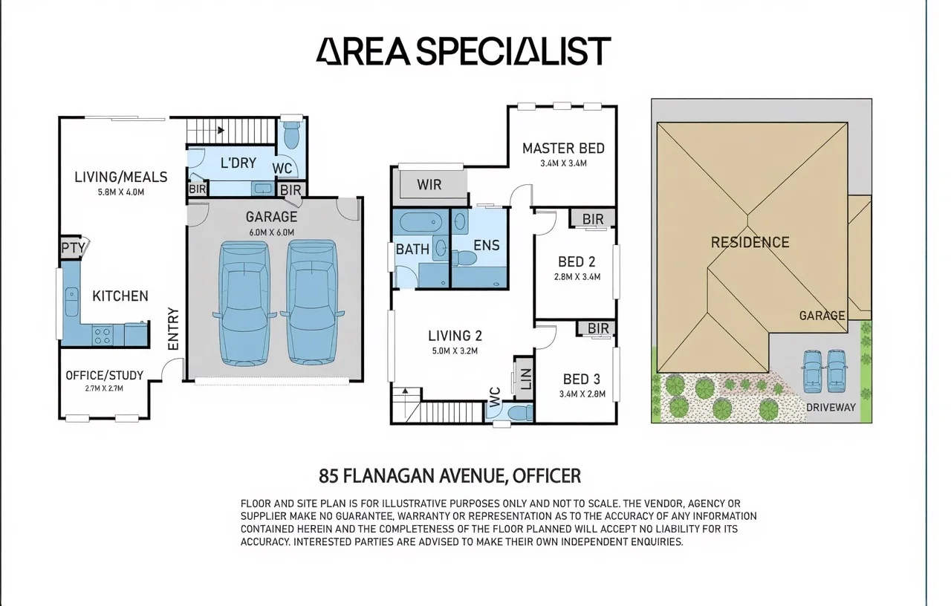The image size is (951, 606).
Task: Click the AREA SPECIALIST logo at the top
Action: tap(463, 51)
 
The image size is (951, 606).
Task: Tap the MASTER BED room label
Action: tap(563, 149)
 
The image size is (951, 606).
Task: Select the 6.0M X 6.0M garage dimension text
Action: tap(272, 232)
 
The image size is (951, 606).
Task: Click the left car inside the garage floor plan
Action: tap(244, 303)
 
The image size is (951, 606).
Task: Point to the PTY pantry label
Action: tap(73, 248)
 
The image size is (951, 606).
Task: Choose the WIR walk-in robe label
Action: tap(429, 185)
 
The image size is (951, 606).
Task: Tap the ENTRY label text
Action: tap(174, 329)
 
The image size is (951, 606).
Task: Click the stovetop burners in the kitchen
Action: tap(103, 336)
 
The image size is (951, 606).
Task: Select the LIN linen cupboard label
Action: tap(525, 379)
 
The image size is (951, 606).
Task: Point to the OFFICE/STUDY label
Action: tap(105, 376)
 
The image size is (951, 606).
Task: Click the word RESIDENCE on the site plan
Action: tap(750, 242)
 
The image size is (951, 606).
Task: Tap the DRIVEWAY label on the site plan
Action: tap(831, 408)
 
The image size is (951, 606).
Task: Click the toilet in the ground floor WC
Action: tap(291, 134)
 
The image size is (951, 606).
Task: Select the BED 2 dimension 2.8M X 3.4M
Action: tap(577, 277)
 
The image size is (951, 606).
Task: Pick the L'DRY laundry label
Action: tap(238, 163)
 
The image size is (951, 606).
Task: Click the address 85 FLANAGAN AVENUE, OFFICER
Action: tap(449, 476)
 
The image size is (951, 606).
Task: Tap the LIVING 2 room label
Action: tap(455, 336)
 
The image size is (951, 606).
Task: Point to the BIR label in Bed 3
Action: tap(598, 328)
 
